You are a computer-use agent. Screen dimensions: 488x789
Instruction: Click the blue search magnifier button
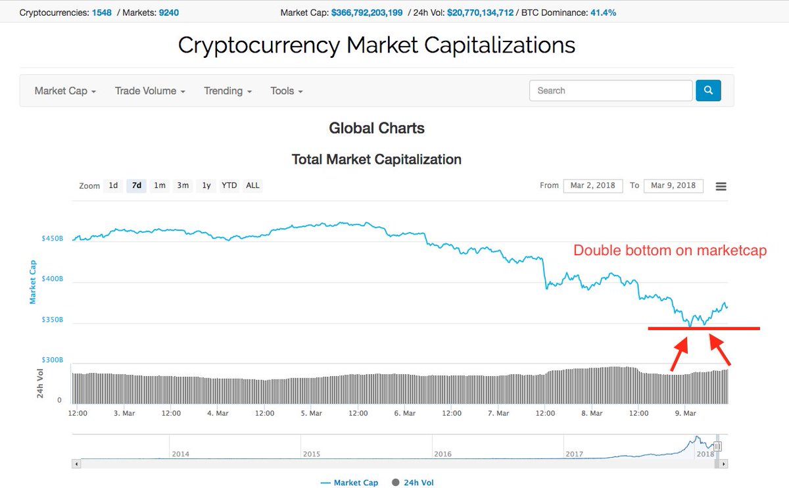708,91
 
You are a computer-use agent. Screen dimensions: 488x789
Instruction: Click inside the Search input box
610,91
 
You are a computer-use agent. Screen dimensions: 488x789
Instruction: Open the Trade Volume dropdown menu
150,91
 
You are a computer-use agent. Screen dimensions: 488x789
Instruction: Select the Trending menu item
227,91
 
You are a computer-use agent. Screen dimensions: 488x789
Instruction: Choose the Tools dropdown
287,91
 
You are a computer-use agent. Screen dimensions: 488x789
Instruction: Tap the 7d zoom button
137,185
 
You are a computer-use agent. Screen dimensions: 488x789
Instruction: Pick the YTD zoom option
229,185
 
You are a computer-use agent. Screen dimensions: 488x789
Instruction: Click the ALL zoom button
252,185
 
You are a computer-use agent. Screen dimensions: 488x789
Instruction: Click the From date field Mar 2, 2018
592,185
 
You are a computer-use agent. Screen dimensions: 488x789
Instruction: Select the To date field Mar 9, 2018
673,185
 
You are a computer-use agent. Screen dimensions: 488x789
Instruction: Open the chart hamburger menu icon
721,186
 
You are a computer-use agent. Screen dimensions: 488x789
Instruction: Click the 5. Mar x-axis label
312,413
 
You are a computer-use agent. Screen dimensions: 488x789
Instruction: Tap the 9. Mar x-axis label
685,413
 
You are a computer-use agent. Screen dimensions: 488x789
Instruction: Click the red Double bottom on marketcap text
670,251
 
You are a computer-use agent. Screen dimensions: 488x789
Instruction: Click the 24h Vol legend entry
412,483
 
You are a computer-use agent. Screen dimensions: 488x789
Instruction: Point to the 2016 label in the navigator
442,454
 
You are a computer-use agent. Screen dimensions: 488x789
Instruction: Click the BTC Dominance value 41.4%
602,12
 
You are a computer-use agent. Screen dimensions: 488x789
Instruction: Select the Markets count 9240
169,12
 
